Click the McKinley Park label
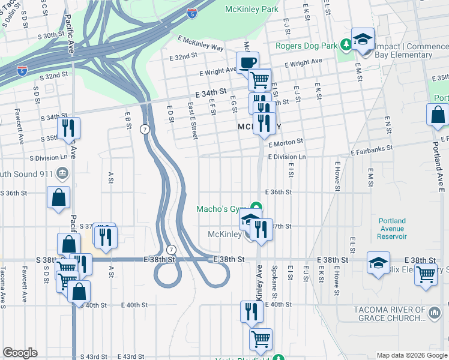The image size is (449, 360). click(x=252, y=9)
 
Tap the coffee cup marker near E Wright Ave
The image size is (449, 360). click(x=247, y=62)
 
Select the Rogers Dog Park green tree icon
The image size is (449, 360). click(x=346, y=44)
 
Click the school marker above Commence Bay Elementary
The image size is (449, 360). click(x=363, y=39)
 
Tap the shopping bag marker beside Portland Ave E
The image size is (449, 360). click(x=438, y=114)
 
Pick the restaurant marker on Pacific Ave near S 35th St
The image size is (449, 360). click(x=68, y=128)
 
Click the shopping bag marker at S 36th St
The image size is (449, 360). click(x=59, y=197)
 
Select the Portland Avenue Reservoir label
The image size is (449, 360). click(x=392, y=229)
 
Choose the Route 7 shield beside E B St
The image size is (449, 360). click(x=145, y=129)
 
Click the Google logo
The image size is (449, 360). click(x=20, y=353)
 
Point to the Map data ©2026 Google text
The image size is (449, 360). click(x=411, y=355)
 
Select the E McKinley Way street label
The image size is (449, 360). click(x=200, y=43)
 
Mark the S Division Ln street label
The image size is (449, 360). click(x=53, y=158)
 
